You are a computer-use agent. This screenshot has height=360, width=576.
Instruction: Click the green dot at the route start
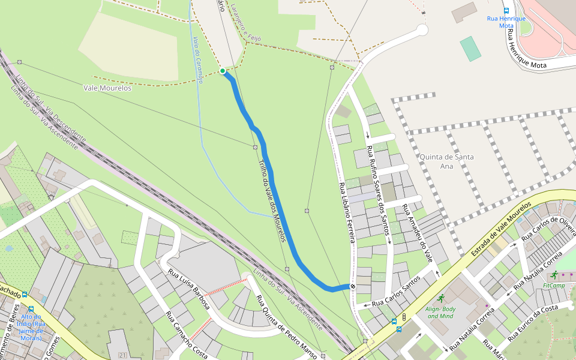(x=223, y=71)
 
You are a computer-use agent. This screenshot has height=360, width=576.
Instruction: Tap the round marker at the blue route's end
(x=353, y=286)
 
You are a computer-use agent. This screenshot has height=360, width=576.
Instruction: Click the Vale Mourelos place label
(x=107, y=88)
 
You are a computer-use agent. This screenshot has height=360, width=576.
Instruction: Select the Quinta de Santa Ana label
(x=446, y=161)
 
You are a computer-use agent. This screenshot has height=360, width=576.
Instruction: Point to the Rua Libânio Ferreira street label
(x=348, y=212)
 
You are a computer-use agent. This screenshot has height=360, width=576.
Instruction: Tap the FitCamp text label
(x=554, y=286)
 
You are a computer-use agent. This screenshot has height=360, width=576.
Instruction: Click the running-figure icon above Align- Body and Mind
(x=442, y=298)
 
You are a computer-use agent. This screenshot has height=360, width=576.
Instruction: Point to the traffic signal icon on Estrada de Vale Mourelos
(x=405, y=316)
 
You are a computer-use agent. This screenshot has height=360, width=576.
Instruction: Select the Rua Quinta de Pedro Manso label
(x=286, y=327)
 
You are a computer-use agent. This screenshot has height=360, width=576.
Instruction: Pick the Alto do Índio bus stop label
(x=31, y=328)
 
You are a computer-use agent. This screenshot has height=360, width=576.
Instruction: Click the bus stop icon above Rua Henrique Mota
(x=506, y=10)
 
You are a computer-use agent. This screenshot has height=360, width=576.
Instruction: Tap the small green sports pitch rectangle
(x=471, y=49)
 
